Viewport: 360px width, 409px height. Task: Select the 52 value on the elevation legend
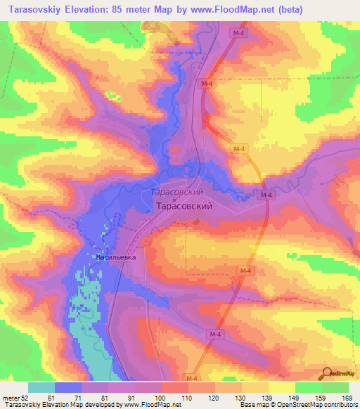click(x=25, y=397)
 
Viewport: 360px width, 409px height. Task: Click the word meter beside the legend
click(x=11, y=397)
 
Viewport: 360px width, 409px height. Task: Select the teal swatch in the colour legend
click(x=41, y=387)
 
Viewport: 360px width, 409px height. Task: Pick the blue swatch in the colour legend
click(x=68, y=387)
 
